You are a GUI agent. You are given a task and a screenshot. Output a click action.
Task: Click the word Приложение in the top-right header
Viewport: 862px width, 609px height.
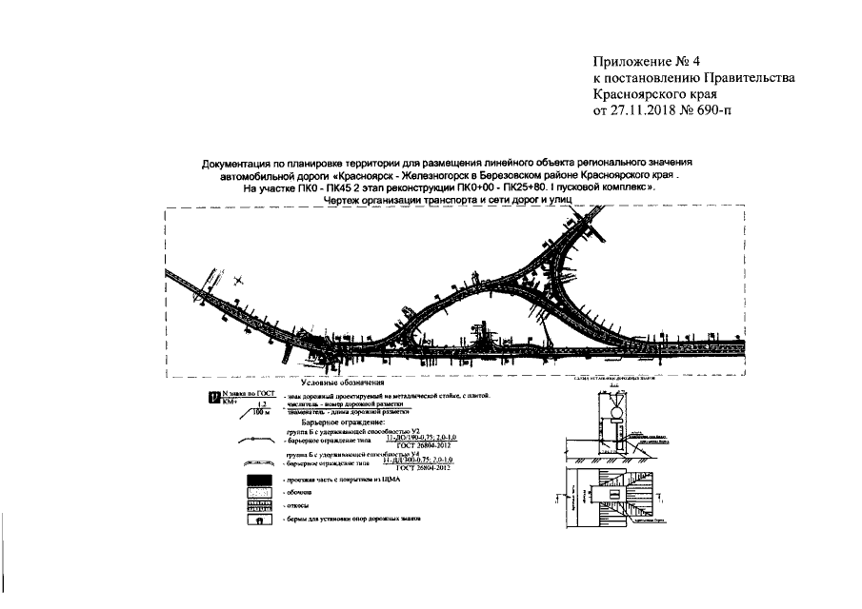632,64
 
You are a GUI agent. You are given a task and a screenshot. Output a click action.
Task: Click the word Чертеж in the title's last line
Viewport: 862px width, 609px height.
344,201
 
